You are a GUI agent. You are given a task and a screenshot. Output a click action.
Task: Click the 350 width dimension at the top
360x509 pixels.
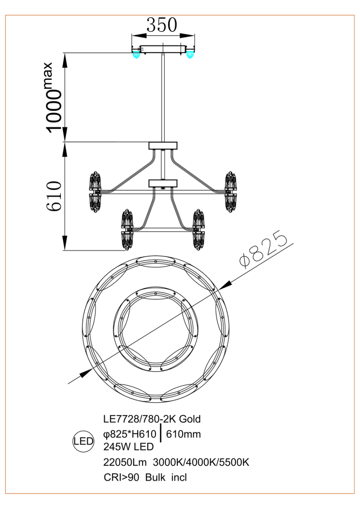[162, 25]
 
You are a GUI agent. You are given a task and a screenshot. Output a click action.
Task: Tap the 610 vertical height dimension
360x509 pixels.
[54, 196]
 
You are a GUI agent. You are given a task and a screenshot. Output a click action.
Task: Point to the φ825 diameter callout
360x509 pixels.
[263, 250]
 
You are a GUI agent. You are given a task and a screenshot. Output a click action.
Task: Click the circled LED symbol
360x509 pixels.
[83, 441]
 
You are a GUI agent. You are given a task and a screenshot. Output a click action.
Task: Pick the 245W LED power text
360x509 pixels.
[128, 447]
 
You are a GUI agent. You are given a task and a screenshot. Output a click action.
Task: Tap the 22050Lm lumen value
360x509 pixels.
[125, 462]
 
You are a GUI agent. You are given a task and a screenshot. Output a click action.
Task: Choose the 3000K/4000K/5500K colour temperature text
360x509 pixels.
[201, 462]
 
